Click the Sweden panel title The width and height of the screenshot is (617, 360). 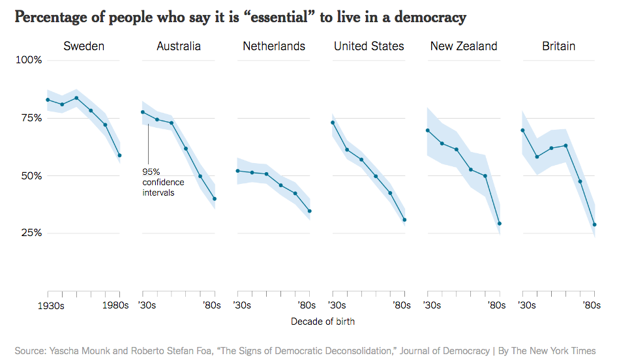pos(83,46)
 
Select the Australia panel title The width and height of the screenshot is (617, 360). pos(179,46)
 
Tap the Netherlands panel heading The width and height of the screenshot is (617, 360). pos(274,46)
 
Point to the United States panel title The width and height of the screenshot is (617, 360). pos(369,46)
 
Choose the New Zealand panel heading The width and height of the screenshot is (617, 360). pos(464,46)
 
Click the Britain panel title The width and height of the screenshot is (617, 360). pos(559,46)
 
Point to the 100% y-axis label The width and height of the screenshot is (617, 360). pos(29,61)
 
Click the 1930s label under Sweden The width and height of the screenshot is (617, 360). pos(50,305)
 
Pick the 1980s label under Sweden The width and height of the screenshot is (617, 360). pos(116,305)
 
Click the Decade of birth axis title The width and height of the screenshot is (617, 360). pos(323,322)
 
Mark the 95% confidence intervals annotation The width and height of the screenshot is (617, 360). pos(163,182)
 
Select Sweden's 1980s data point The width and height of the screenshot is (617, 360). pos(119,155)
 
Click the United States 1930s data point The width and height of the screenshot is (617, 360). pos(333,123)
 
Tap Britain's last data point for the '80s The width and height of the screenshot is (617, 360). pos(595,225)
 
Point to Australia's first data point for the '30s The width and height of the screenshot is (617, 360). pos(142,112)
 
